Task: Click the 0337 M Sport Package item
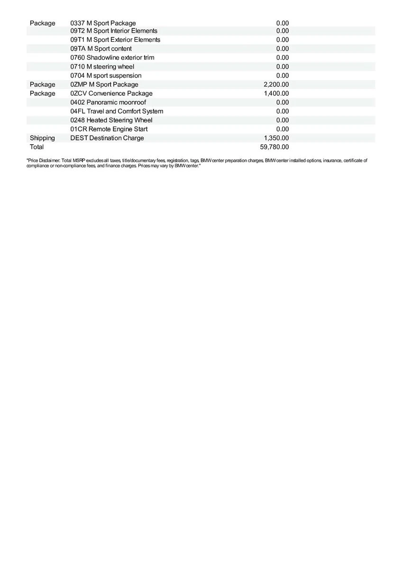103,23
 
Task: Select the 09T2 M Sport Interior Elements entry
114,31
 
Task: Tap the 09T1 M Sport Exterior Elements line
115,40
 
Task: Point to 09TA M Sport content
101,49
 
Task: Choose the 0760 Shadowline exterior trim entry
112,58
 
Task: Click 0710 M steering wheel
102,67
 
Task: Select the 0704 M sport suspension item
106,76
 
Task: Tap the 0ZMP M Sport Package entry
104,84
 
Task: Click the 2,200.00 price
276,84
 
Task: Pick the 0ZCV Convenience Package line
111,93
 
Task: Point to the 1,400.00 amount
276,93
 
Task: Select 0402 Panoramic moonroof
108,102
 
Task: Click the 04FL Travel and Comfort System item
117,111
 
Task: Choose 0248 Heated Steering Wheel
111,120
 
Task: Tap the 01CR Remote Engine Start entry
109,129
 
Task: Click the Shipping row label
42,138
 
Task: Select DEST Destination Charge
107,138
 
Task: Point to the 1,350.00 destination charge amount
276,138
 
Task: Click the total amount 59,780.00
274,147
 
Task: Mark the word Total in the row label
37,147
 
